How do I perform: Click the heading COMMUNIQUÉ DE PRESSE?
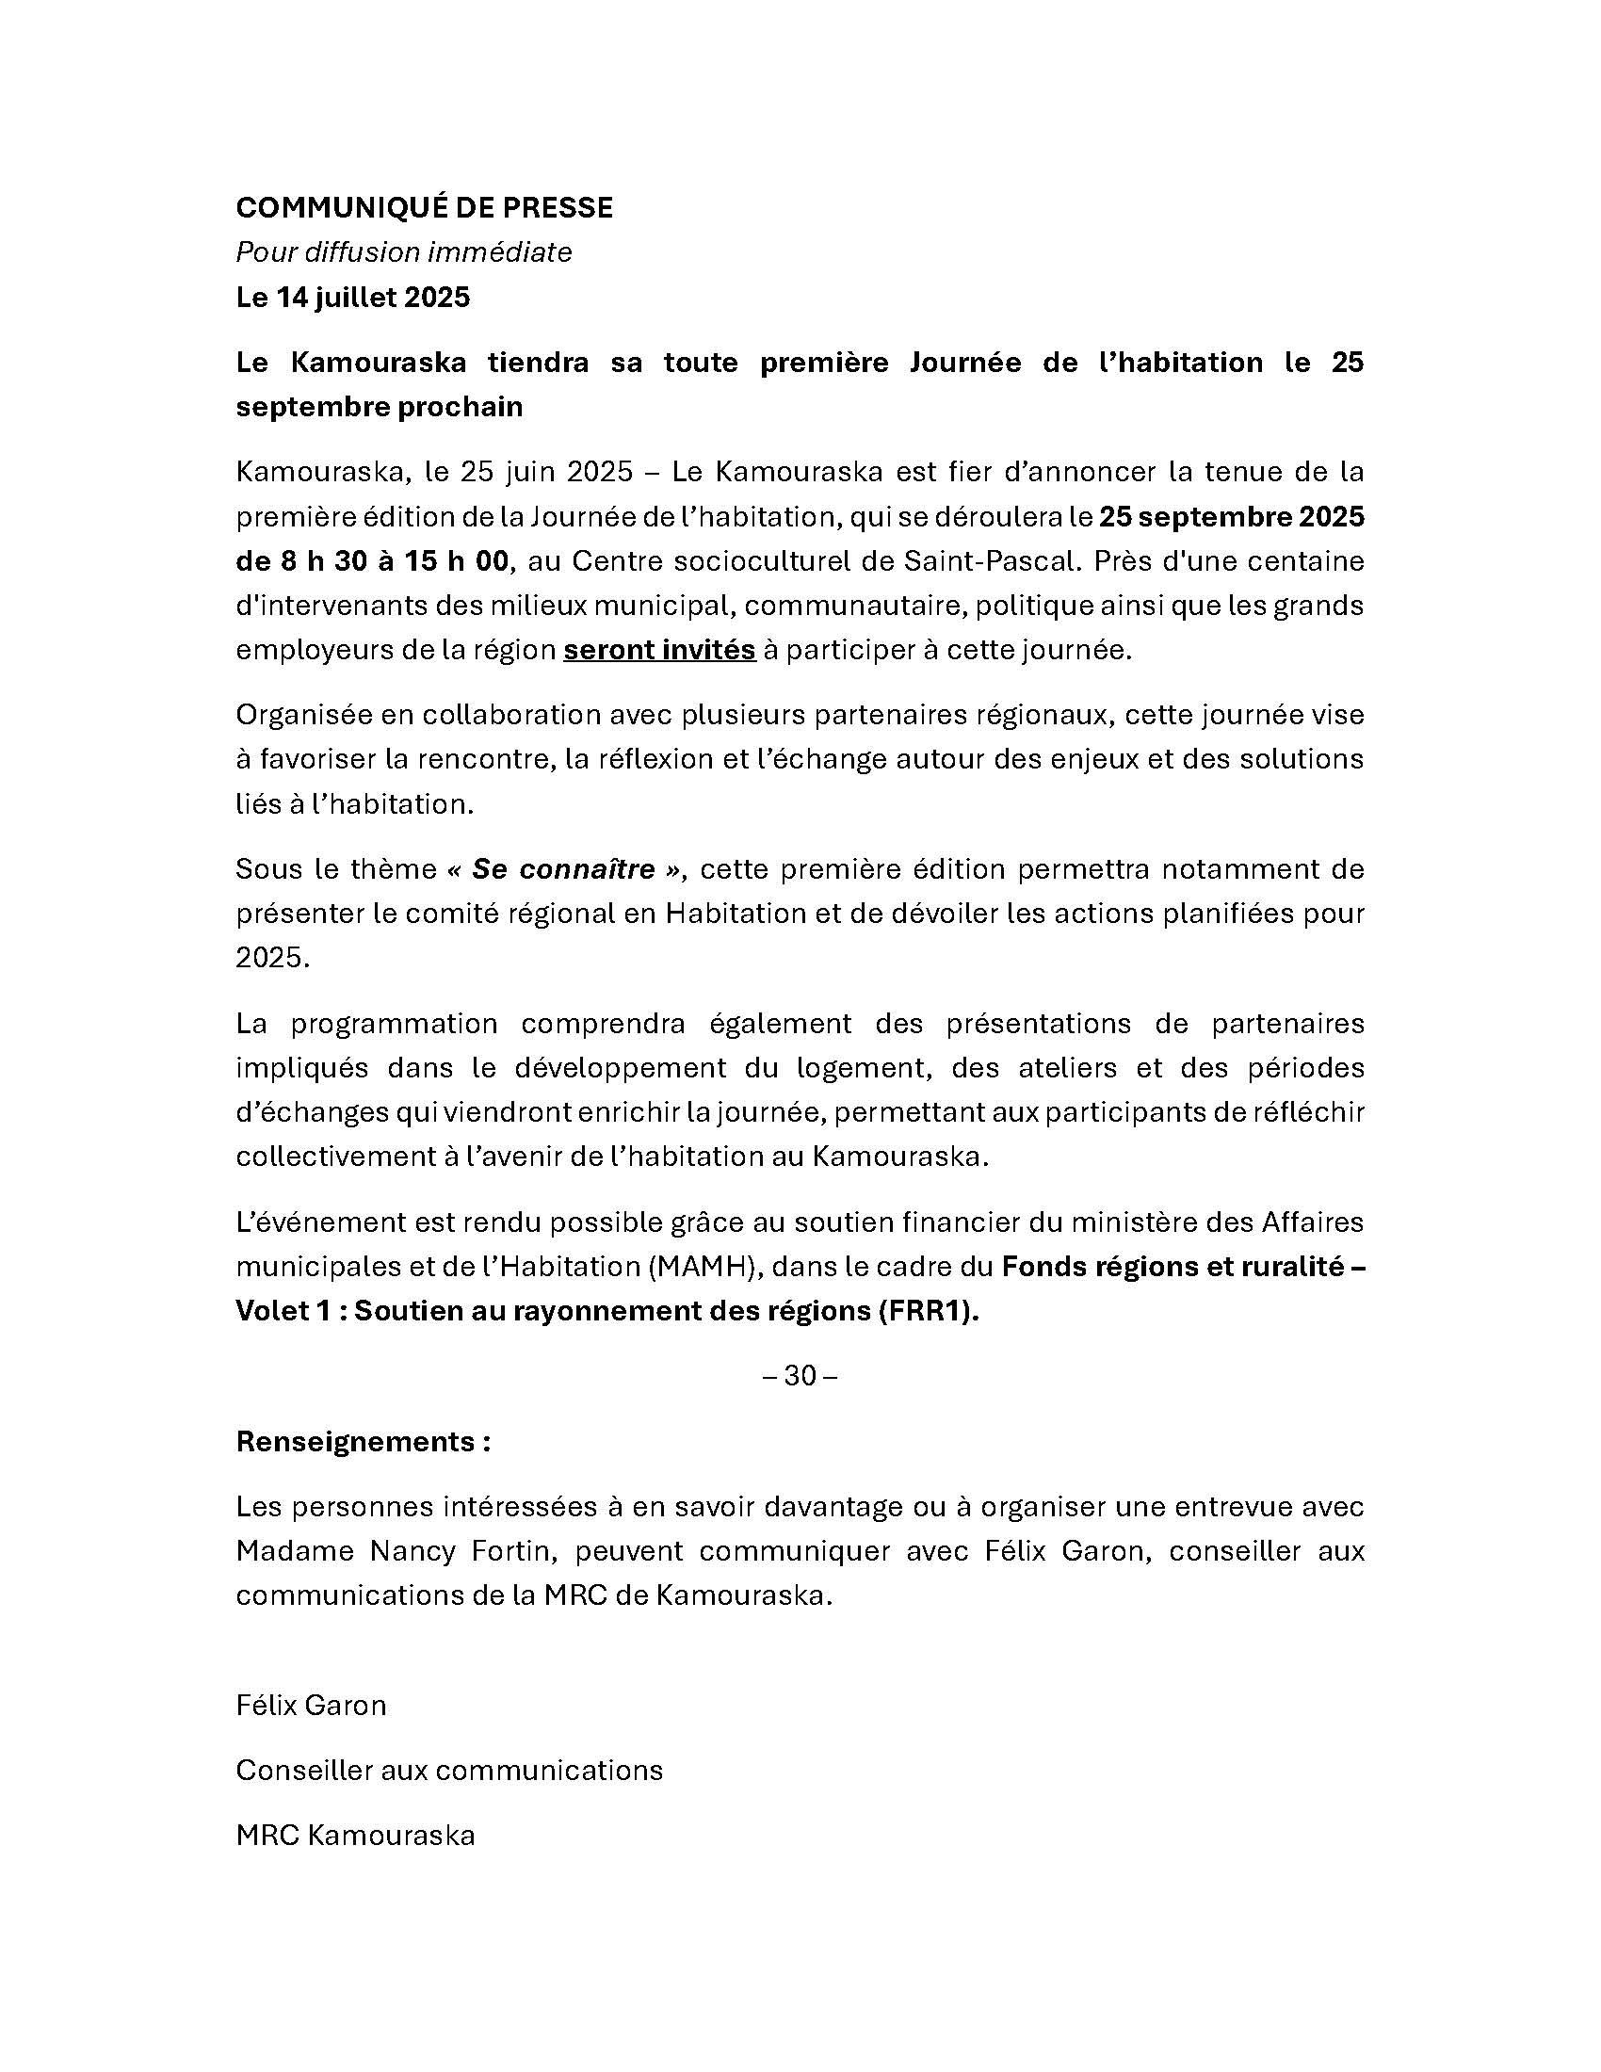[x=424, y=208]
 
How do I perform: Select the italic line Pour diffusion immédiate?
[x=403, y=252]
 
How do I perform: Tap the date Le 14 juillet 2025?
[x=353, y=298]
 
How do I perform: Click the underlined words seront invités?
[x=659, y=651]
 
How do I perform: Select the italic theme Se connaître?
[x=563, y=869]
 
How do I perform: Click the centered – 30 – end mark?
[x=800, y=1376]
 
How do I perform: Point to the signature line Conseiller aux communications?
[x=448, y=1771]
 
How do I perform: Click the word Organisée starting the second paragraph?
[x=302, y=715]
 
